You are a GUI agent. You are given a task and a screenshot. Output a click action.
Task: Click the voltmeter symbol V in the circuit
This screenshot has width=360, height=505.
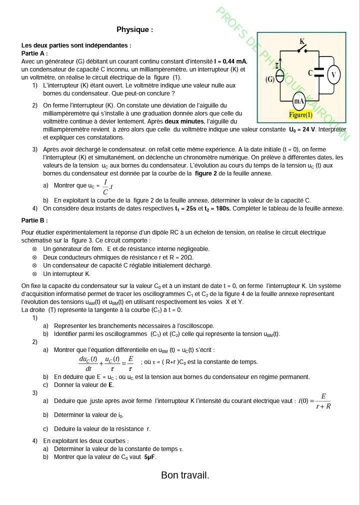[x=334, y=75]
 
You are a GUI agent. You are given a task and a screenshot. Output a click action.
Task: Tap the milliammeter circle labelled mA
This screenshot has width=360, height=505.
[x=299, y=101]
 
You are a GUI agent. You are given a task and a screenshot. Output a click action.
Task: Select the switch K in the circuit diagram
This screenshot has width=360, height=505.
[x=302, y=48]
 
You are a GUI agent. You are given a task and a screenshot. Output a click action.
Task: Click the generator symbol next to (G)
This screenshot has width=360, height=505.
[x=280, y=76]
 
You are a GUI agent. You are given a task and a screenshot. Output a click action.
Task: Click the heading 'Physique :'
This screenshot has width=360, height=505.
[x=134, y=29]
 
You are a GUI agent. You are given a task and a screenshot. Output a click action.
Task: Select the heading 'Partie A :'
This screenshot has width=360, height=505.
[x=34, y=53]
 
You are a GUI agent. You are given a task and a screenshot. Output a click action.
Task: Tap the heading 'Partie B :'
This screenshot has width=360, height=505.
[x=34, y=220]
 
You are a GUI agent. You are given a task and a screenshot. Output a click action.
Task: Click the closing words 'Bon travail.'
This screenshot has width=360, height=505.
[x=185, y=475]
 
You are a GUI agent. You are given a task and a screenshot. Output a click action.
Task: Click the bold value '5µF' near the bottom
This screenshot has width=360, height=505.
[x=150, y=457]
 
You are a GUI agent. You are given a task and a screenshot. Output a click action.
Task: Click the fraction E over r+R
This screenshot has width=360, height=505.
[x=323, y=401]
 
